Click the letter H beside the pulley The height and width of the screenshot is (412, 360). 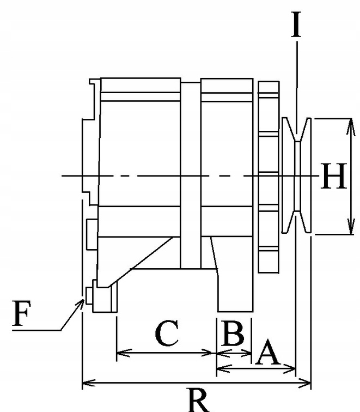click(333, 177)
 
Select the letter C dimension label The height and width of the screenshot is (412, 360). click(167, 335)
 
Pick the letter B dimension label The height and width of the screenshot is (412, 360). click(234, 333)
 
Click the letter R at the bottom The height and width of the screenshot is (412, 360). click(198, 399)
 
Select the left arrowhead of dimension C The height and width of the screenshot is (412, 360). click(121, 353)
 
